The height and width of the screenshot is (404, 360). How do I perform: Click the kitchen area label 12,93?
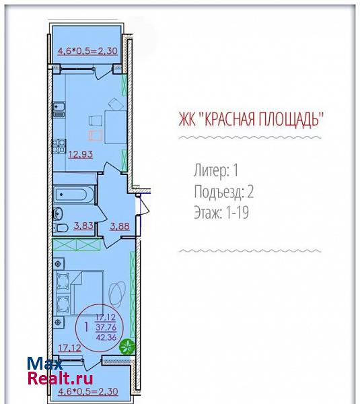(80, 154)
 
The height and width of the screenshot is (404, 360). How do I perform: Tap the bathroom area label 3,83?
(83, 226)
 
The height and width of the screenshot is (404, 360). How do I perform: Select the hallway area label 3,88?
(120, 226)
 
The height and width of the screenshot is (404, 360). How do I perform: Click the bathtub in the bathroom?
(73, 195)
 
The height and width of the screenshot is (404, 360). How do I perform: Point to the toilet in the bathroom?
(61, 228)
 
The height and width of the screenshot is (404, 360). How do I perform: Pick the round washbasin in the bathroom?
(58, 213)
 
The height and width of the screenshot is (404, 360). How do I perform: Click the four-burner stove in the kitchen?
(59, 145)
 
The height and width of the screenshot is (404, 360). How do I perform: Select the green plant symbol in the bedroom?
(127, 346)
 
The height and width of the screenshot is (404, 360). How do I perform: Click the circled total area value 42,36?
(106, 337)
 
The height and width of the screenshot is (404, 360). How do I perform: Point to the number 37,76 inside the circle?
(106, 327)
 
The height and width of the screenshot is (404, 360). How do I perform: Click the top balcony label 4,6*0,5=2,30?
(87, 50)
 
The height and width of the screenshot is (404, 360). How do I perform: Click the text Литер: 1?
(216, 170)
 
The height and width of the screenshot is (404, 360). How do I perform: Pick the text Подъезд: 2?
(224, 192)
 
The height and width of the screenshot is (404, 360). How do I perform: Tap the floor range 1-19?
(237, 213)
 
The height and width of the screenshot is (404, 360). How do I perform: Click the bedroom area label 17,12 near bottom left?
(69, 348)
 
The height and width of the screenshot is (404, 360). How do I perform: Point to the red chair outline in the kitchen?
(96, 135)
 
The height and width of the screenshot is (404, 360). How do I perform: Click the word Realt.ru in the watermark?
(61, 378)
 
